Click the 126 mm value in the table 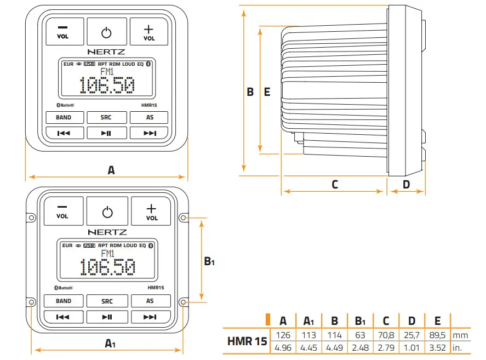click(283, 335)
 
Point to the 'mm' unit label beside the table click(461, 335)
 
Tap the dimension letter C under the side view click(335, 185)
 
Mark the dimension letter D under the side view click(406, 185)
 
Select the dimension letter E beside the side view click(267, 92)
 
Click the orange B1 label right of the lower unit click(209, 262)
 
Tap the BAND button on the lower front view click(64, 301)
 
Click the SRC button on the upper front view click(106, 117)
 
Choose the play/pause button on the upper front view click(106, 133)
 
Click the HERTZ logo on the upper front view click(106, 52)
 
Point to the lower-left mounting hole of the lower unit click(31, 302)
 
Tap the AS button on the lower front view click(150, 301)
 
